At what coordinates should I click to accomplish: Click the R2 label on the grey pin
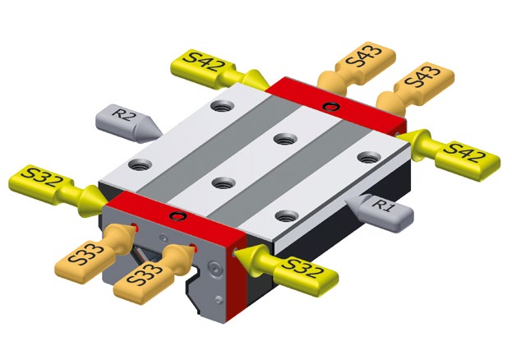pyautogui.click(x=122, y=115)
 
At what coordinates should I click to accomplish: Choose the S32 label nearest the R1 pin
pyautogui.click(x=303, y=267)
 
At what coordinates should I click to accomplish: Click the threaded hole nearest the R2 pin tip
pyautogui.click(x=141, y=164)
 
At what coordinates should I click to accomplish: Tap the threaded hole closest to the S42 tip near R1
pyautogui.click(x=369, y=157)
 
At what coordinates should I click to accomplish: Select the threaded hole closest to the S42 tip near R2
pyautogui.click(x=222, y=106)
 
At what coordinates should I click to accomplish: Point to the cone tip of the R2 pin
pyautogui.click(x=162, y=134)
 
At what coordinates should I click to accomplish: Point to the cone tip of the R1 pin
pyautogui.click(x=345, y=199)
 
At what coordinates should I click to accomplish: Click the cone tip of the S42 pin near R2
pyautogui.click(x=269, y=87)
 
